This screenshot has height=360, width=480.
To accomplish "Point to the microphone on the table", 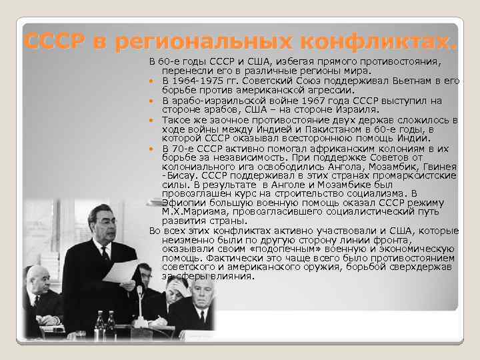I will coord(139,293).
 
